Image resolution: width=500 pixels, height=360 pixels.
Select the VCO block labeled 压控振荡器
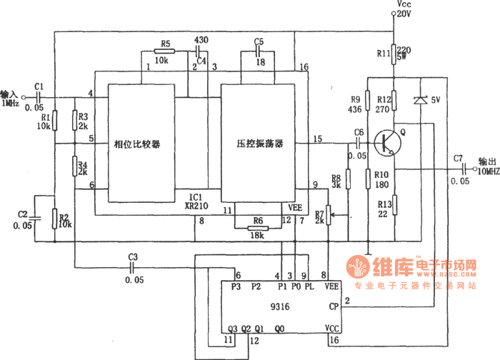260,144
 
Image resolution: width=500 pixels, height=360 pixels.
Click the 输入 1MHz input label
9,99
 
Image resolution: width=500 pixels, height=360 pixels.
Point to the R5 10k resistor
162,51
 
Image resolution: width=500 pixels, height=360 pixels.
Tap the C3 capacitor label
133,256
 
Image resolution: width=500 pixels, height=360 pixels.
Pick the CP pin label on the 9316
334,307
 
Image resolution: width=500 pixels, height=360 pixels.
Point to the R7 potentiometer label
319,213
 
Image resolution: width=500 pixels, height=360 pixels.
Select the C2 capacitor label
23,214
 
